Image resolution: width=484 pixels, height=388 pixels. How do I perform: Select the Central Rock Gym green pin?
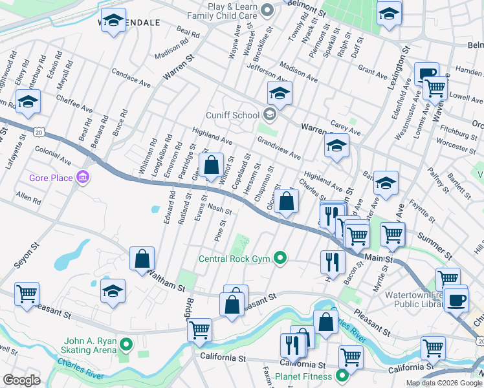pyautogui.click(x=280, y=259)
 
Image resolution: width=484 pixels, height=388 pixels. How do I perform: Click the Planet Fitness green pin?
pyautogui.click(x=344, y=376)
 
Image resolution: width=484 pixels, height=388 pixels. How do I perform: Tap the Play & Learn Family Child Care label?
pyautogui.click(x=225, y=9)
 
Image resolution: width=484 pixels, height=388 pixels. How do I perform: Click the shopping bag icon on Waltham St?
pyautogui.click(x=142, y=260)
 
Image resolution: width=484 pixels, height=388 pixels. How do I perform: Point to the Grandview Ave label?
pyautogui.click(x=279, y=148)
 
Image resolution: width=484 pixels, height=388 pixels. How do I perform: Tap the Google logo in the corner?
pyautogui.click(x=21, y=380)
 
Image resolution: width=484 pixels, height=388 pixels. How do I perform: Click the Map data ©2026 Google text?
pyautogui.click(x=444, y=383)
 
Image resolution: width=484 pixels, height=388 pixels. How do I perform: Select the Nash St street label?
pyautogui.click(x=220, y=209)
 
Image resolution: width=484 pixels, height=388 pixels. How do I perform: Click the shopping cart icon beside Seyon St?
pyautogui.click(x=27, y=294)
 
